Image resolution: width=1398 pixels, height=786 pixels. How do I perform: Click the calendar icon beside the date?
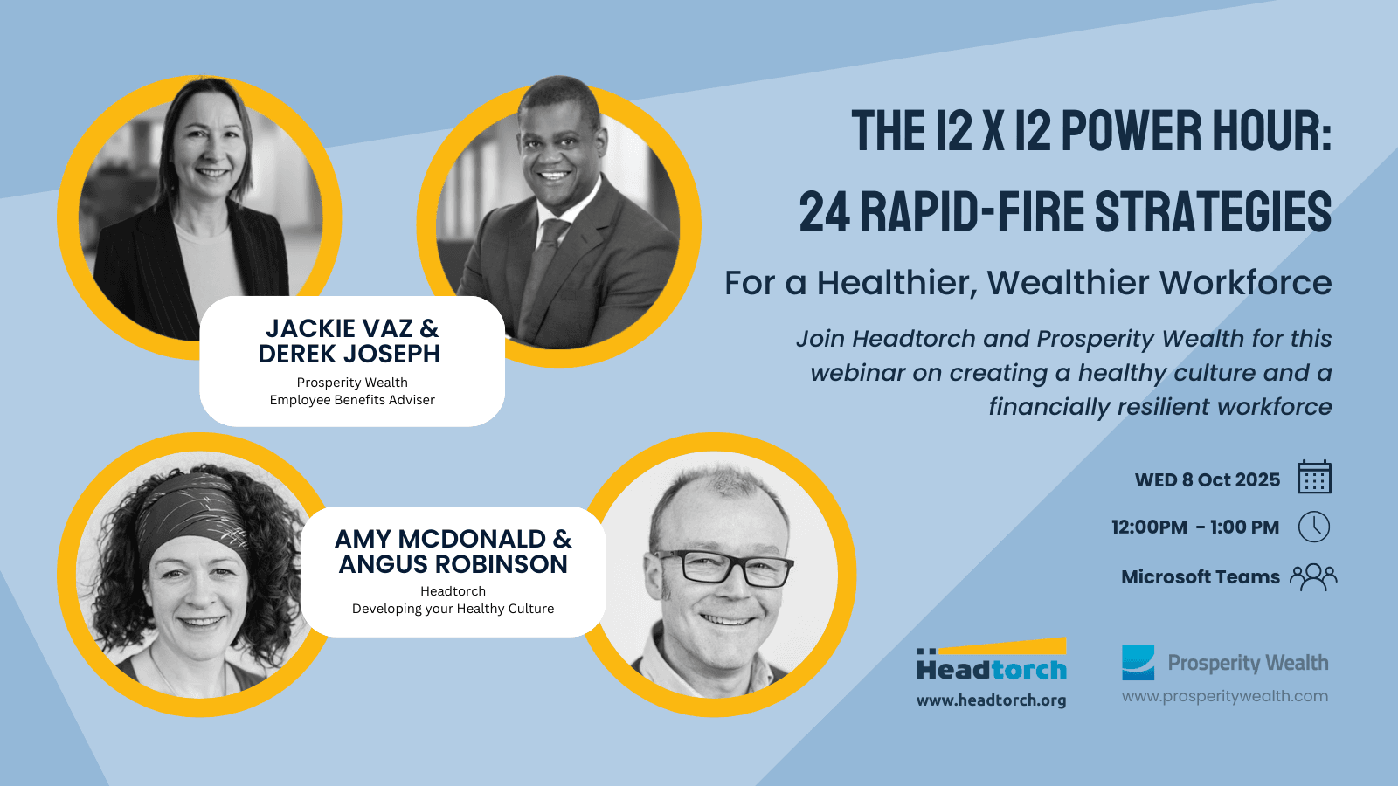(x=1314, y=477)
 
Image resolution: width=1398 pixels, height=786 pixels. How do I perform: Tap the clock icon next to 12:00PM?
(x=1314, y=527)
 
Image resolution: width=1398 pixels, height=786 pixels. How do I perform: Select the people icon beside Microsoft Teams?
(x=1314, y=577)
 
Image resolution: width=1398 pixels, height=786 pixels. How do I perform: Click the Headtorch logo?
(x=992, y=659)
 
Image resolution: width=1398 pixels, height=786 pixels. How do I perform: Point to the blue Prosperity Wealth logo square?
(x=1138, y=663)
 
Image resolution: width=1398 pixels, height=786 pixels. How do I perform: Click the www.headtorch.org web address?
(x=991, y=700)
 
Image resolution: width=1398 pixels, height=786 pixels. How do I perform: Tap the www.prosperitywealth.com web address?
(x=1224, y=696)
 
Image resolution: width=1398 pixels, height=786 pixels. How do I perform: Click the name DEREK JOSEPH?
(x=349, y=354)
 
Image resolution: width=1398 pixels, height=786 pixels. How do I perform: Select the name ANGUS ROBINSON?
(x=453, y=564)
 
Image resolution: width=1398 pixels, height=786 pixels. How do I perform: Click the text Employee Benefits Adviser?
(x=352, y=400)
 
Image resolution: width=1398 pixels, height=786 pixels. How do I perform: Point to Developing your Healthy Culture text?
(x=453, y=609)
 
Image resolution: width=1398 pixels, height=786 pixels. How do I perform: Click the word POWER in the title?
(x=1131, y=131)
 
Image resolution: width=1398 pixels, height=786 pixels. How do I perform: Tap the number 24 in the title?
(x=825, y=212)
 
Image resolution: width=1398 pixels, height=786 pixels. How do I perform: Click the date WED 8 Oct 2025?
(x=1207, y=479)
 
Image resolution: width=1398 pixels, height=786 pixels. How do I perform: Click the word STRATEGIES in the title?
(x=1214, y=212)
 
